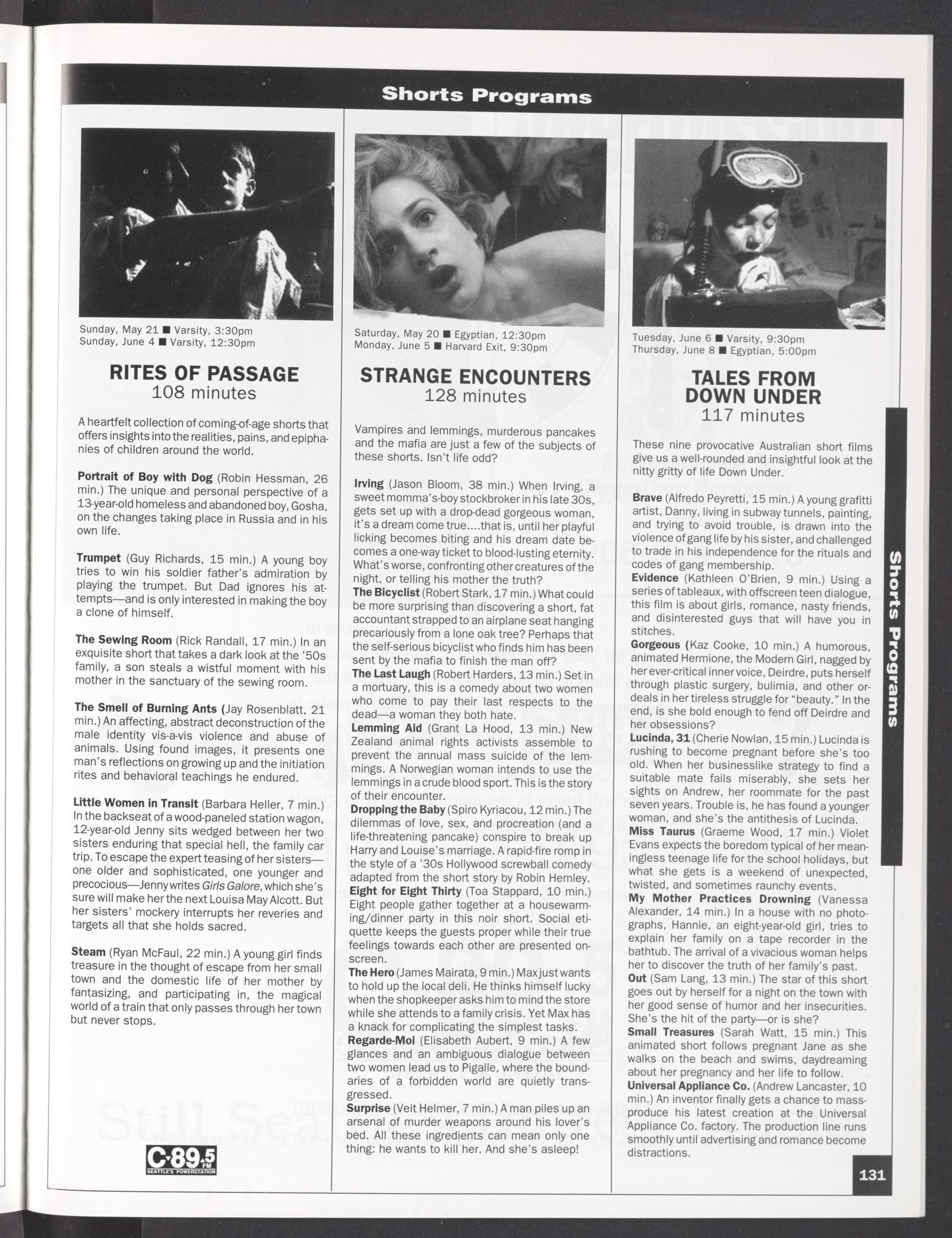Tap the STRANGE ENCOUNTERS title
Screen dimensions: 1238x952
coord(475,377)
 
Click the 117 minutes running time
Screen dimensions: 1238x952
coord(752,416)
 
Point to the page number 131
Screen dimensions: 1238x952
coord(872,1175)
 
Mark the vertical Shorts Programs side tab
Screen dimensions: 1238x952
coord(894,638)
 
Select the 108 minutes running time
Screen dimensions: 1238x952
coord(204,393)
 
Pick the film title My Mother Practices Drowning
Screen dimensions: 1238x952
coord(719,898)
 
